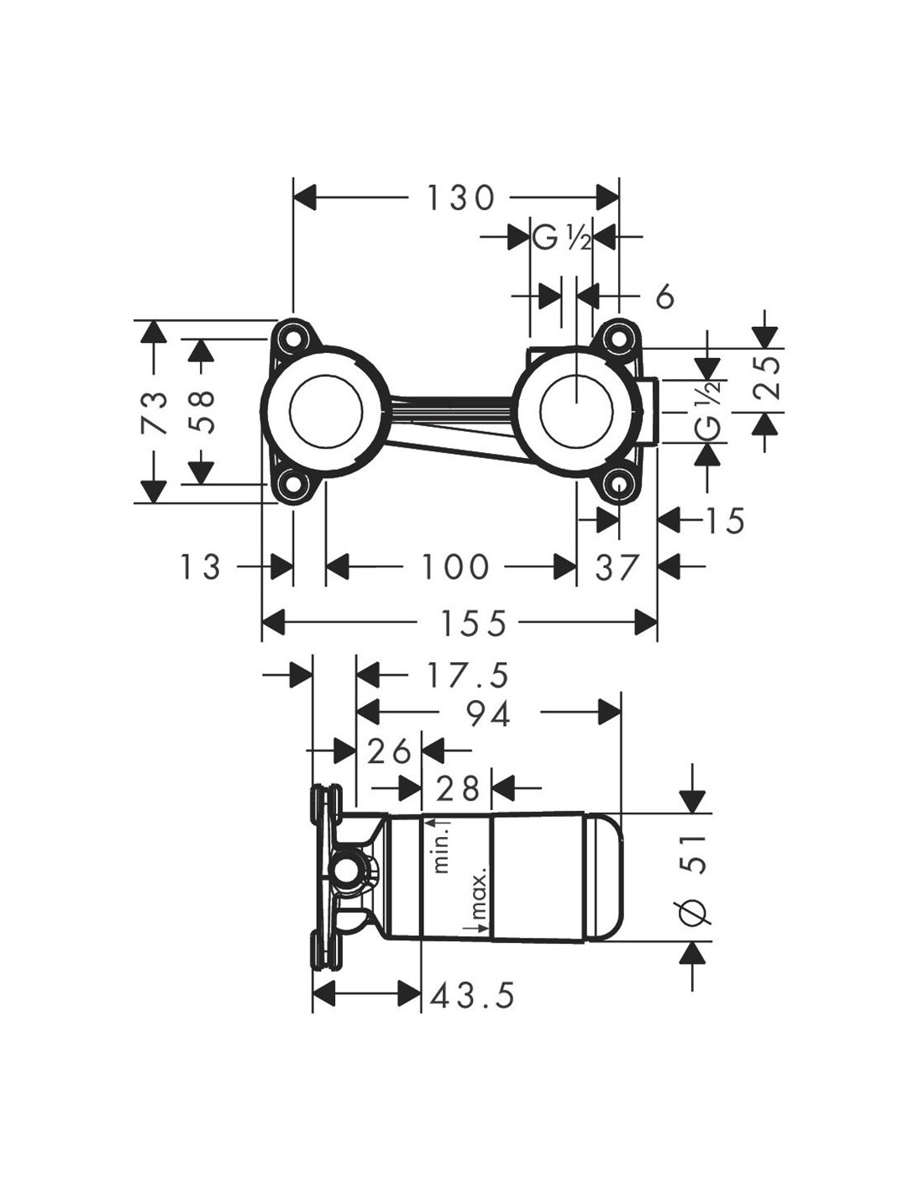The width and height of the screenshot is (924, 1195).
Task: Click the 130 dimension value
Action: tap(460, 198)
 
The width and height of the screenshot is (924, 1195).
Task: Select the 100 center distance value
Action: tap(454, 566)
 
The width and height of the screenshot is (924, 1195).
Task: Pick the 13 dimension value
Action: tap(200, 566)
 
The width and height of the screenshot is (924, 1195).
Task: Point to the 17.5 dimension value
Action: tap(468, 676)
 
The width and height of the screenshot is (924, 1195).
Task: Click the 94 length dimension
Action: tap(488, 713)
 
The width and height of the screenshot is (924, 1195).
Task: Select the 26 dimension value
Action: tap(389, 750)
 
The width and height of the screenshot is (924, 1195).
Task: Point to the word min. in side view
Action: tap(442, 852)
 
